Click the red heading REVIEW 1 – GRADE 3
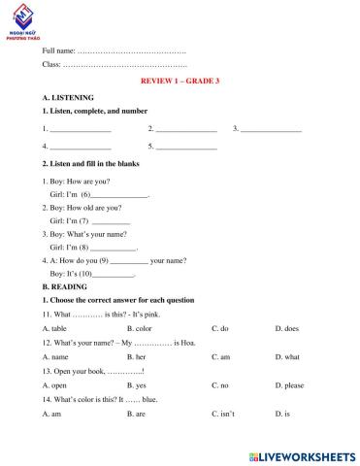click(x=180, y=81)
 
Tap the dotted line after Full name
click(x=131, y=50)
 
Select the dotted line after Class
click(x=124, y=64)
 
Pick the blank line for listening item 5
click(x=186, y=147)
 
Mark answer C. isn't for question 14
click(x=222, y=414)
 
